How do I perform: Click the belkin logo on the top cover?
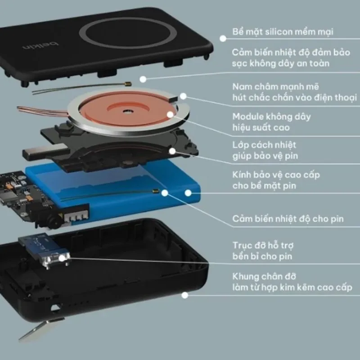coord(41,45)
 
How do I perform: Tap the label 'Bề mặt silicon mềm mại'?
coord(283,31)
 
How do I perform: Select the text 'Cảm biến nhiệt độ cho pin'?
coord(288,219)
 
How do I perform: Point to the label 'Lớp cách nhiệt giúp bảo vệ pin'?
coord(265,150)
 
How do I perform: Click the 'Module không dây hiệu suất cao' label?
coord(271,122)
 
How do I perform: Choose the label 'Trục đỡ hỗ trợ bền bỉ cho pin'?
coord(263,251)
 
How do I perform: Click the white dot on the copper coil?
coord(170,115)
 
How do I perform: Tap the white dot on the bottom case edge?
coord(185,295)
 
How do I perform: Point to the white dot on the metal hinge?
coord(62,258)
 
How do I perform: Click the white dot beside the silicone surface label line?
coord(223,39)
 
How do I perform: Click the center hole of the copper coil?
coord(127,112)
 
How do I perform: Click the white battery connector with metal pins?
coord(76,216)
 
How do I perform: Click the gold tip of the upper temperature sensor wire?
coord(128,84)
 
